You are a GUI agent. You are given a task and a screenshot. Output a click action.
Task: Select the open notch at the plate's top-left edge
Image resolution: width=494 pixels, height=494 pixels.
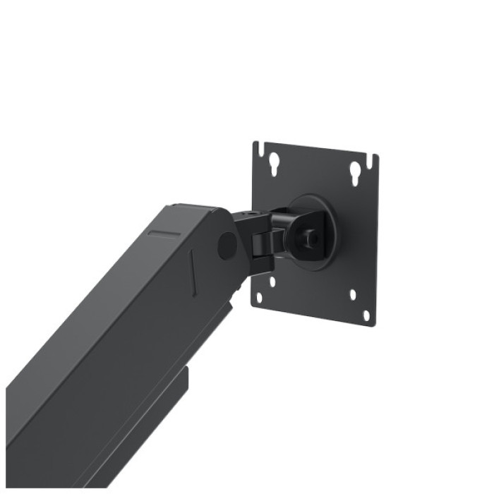click(259, 150)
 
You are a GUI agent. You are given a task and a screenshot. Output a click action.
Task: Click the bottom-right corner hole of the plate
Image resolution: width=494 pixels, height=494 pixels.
click(366, 315)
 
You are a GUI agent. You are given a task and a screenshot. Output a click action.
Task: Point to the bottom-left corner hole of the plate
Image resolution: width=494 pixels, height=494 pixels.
click(259, 297)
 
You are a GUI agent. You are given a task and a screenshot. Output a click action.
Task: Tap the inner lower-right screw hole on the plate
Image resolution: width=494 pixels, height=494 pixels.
click(352, 294)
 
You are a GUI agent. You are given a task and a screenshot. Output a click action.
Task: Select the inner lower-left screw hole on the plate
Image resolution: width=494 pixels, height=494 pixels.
click(272, 282)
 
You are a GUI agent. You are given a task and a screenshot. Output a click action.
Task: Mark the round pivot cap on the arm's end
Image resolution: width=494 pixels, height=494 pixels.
click(227, 245)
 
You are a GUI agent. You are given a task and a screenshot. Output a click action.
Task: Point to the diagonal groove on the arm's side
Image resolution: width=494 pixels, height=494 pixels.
click(193, 272)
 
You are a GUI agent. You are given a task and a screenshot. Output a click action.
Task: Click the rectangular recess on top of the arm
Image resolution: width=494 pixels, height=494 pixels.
click(164, 234)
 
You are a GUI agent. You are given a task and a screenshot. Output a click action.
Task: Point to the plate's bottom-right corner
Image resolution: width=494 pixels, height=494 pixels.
click(372, 323)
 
